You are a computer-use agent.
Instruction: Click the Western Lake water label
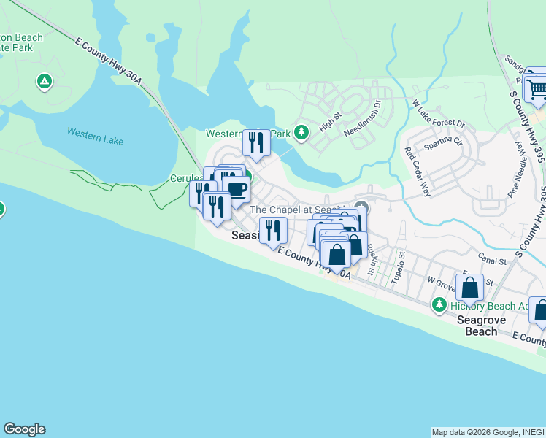(x=95, y=136)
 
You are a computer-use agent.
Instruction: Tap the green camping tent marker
(x=45, y=81)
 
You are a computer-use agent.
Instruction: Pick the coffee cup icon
(x=236, y=191)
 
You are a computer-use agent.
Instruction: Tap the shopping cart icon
(x=537, y=88)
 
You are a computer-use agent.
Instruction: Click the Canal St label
(x=493, y=260)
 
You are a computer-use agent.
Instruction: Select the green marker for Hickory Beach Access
(x=439, y=304)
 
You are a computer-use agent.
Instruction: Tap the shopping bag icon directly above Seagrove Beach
(x=471, y=287)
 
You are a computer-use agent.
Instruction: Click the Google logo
(x=24, y=429)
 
